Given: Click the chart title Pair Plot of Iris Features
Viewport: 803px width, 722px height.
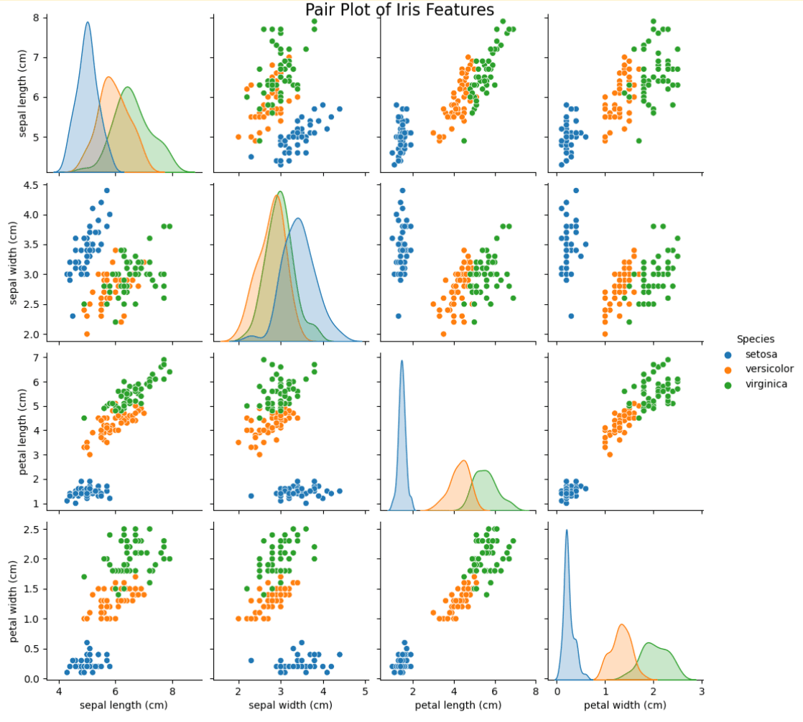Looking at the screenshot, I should pyautogui.click(x=399, y=10).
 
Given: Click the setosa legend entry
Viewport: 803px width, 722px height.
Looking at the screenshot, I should pyautogui.click(x=761, y=355).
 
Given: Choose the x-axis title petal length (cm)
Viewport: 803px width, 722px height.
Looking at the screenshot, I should pyautogui.click(x=458, y=705).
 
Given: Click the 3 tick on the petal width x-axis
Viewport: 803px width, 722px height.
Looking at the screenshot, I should pyautogui.click(x=702, y=692).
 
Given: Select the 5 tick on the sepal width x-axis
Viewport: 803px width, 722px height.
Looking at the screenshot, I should pyautogui.click(x=366, y=692).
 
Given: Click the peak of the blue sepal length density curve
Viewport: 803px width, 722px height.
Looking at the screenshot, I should pyautogui.click(x=88, y=22).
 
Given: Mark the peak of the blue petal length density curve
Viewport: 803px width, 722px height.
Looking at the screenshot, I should pyautogui.click(x=401, y=361).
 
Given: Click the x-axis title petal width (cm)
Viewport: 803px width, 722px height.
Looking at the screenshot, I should pyautogui.click(x=624, y=705).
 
